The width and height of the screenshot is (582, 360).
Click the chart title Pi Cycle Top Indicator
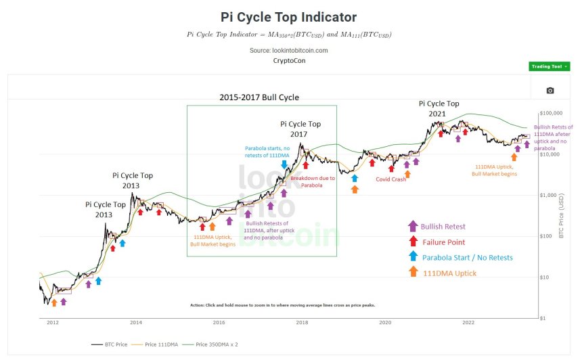tap(288, 17)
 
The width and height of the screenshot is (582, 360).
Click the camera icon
tap(550, 90)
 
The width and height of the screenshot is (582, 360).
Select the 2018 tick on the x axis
tap(302, 323)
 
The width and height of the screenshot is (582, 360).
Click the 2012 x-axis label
tap(52, 323)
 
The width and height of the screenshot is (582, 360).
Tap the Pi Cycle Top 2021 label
tap(439, 109)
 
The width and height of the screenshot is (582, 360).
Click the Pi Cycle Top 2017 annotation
tap(300, 129)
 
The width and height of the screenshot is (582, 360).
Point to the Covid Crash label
tap(391, 179)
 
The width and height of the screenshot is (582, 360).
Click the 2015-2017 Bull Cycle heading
tap(259, 97)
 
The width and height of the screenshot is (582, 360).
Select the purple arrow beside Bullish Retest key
tap(412, 226)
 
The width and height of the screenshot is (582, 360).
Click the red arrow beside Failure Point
tap(412, 242)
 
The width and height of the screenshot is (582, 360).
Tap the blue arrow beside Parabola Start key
tap(412, 257)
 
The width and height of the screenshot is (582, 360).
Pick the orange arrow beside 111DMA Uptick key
tap(412, 273)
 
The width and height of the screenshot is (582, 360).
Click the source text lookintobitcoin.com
tap(288, 50)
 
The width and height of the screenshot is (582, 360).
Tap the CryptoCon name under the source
tap(288, 60)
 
